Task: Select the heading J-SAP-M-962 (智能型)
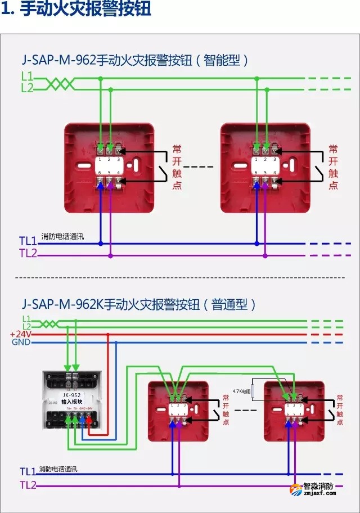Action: click(x=135, y=60)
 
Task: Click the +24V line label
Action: click(x=21, y=334)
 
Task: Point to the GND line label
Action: click(x=21, y=342)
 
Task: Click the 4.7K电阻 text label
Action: click(x=241, y=389)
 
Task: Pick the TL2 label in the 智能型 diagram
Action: click(x=28, y=254)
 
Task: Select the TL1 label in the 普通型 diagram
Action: click(x=28, y=471)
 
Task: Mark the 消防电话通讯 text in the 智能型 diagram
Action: click(x=62, y=237)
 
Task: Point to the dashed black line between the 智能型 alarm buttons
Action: click(x=199, y=167)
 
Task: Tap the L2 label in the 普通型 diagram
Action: click(x=27, y=326)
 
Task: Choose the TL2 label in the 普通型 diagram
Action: click(x=28, y=485)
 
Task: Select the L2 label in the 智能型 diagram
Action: click(x=27, y=88)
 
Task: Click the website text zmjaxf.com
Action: click(x=318, y=496)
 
